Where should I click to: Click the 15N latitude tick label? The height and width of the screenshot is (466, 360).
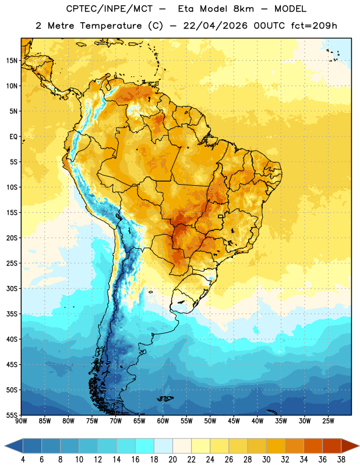pos(12,61)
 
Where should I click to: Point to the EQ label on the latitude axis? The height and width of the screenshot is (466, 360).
pos(13,137)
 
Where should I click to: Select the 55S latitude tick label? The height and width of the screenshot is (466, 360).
pos(12,415)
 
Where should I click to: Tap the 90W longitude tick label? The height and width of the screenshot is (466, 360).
pos(21,421)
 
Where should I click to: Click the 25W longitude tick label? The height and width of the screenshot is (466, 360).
pos(328,421)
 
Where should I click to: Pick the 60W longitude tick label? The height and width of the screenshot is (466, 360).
pos(163,421)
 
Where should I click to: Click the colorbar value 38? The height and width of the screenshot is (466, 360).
pos(341,460)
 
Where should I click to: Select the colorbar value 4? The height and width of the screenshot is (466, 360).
pos(23,460)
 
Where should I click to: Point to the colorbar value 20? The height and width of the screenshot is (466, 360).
pos(172,460)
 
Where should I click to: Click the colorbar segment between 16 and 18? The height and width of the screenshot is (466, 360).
pos(145,446)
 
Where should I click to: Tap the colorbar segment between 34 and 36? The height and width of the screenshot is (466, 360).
pos(313,446)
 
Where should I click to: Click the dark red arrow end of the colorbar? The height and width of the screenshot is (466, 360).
pos(350,446)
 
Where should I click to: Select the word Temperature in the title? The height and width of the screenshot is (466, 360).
pos(111,26)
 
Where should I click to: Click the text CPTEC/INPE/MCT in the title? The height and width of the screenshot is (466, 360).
pos(109,9)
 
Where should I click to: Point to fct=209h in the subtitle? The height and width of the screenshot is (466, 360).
pos(314,26)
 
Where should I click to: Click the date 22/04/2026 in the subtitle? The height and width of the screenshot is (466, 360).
pos(215,26)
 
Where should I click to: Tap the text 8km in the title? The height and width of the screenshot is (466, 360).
pos(243,9)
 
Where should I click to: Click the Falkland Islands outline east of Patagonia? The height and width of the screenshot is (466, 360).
pos(165,398)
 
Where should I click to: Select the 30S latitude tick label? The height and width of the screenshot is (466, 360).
pos(12,288)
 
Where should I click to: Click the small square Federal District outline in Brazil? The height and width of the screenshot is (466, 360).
pos(221,216)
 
